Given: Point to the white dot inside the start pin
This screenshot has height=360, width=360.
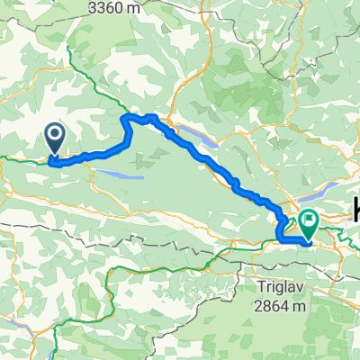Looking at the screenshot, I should [x=54, y=136].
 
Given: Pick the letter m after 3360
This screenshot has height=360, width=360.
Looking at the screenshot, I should [x=162, y=8].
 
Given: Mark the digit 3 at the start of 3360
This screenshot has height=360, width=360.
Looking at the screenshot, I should [x=117, y=8].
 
